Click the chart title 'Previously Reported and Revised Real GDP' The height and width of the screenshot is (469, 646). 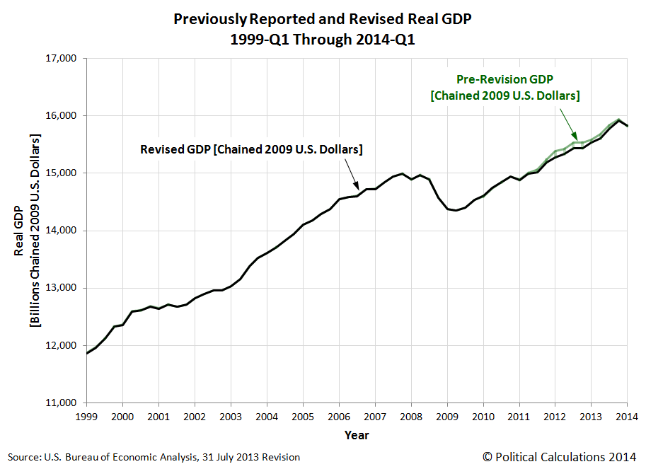(x=322, y=20)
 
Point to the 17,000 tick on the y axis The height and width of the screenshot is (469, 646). (x=62, y=59)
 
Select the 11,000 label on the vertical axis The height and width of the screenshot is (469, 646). (x=62, y=403)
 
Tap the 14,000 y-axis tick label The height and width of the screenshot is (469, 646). (x=62, y=231)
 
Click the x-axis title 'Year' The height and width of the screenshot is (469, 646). (x=357, y=435)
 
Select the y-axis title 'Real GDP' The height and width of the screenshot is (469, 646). (x=19, y=231)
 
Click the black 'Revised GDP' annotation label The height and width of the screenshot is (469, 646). (x=251, y=149)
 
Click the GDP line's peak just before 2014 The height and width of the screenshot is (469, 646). (x=618, y=120)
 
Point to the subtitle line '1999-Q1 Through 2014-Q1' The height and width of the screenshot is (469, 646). (x=322, y=40)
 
